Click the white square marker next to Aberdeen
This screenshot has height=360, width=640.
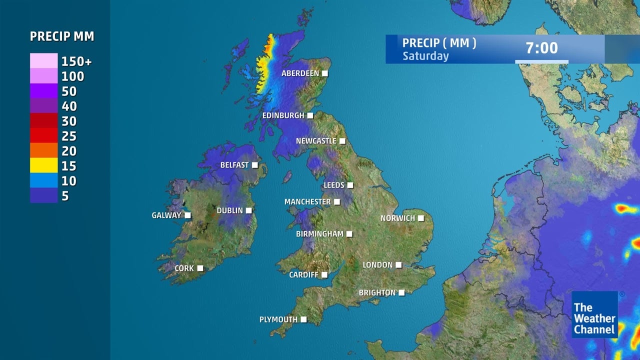pos(325,73)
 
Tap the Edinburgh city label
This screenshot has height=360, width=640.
pos(283,115)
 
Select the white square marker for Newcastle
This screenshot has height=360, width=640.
pos(342,141)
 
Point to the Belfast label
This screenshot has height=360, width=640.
pos(234,165)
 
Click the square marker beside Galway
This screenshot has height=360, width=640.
pos(188,215)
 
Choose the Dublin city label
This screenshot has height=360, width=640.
pos(229,210)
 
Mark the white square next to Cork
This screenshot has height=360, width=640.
pos(200,268)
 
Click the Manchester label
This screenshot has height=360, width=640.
pos(307,202)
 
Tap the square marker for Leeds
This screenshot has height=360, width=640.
pos(350,185)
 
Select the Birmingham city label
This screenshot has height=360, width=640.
pos(319,234)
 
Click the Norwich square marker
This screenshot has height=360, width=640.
pos(421,218)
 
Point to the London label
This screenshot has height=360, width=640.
pos(377,265)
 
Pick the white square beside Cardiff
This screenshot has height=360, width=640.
pos(324,275)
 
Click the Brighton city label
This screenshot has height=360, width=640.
pos(377,293)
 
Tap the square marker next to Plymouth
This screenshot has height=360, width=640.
pos(303,319)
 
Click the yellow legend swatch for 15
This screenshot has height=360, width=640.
pos(43,165)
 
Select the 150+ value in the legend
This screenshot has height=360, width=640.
pos(76,61)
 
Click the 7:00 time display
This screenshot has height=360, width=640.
pos(541,48)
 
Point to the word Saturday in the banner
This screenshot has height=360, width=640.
pos(425,56)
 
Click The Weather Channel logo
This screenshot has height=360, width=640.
pos(594,315)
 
